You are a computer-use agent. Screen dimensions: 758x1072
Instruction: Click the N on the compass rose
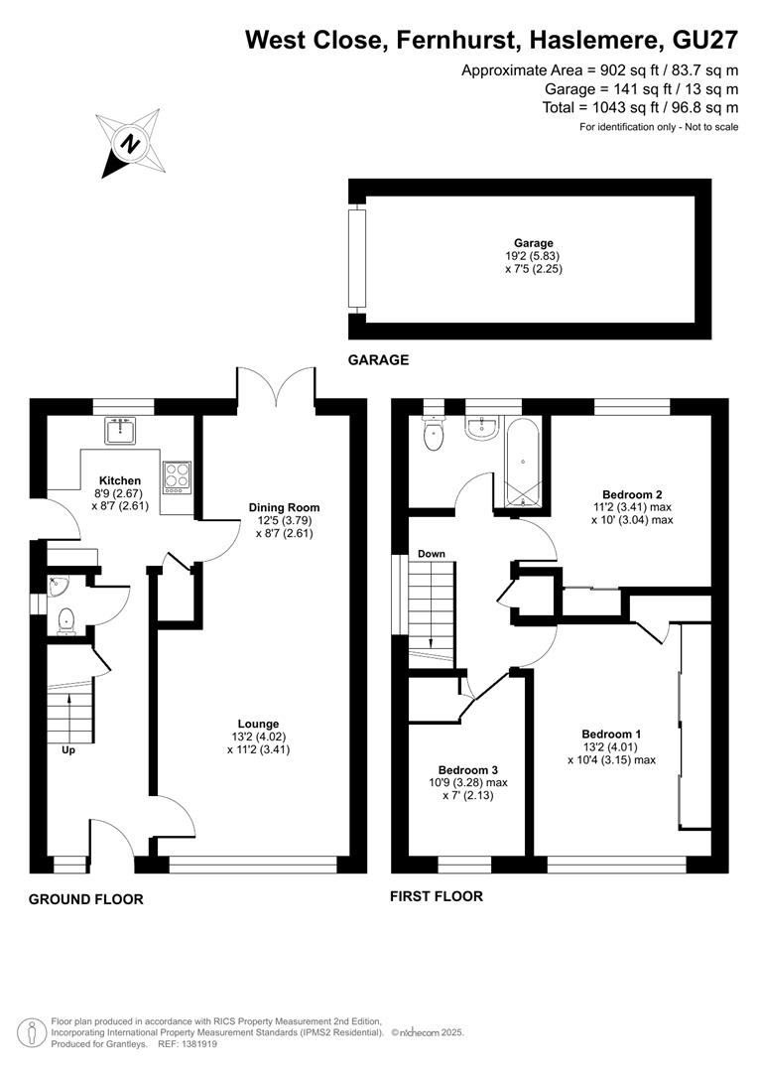point(130,144)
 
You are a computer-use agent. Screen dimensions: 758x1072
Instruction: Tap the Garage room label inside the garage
point(534,243)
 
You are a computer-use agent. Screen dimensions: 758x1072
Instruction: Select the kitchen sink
point(121,430)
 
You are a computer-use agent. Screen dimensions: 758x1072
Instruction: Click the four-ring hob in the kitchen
point(177,477)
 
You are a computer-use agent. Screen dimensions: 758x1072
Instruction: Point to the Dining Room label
point(284,507)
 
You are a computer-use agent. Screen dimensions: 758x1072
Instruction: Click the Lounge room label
point(258,724)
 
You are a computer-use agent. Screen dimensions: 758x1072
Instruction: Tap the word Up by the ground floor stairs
point(68,750)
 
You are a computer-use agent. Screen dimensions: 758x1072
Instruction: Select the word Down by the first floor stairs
point(432,554)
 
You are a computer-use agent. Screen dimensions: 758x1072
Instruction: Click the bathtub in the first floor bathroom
point(523,462)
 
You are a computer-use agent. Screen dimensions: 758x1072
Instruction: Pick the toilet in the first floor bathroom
point(434,434)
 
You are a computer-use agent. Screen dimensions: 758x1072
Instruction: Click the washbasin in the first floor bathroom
point(483,428)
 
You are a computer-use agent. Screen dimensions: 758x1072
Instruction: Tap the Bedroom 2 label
point(632,494)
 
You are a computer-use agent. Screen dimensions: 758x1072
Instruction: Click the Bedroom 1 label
point(611,735)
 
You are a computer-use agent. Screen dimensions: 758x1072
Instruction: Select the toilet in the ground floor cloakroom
point(65,620)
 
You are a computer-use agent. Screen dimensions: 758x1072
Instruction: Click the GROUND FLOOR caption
point(86,899)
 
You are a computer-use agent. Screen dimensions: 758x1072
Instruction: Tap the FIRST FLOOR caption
point(437,896)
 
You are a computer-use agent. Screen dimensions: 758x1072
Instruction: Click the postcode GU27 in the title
point(705,41)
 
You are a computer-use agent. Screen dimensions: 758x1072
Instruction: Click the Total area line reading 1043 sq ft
point(640,107)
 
